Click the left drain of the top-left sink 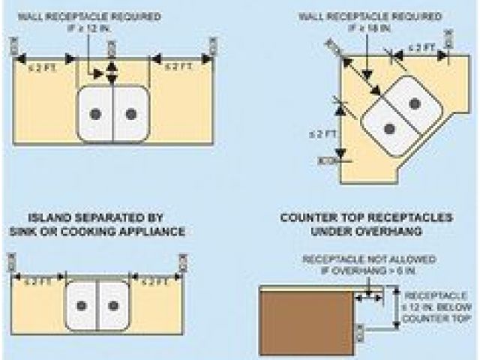[95, 114]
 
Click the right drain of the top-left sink [131, 114]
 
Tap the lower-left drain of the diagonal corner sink [388, 129]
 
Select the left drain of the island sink [81, 305]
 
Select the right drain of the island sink [113, 305]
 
